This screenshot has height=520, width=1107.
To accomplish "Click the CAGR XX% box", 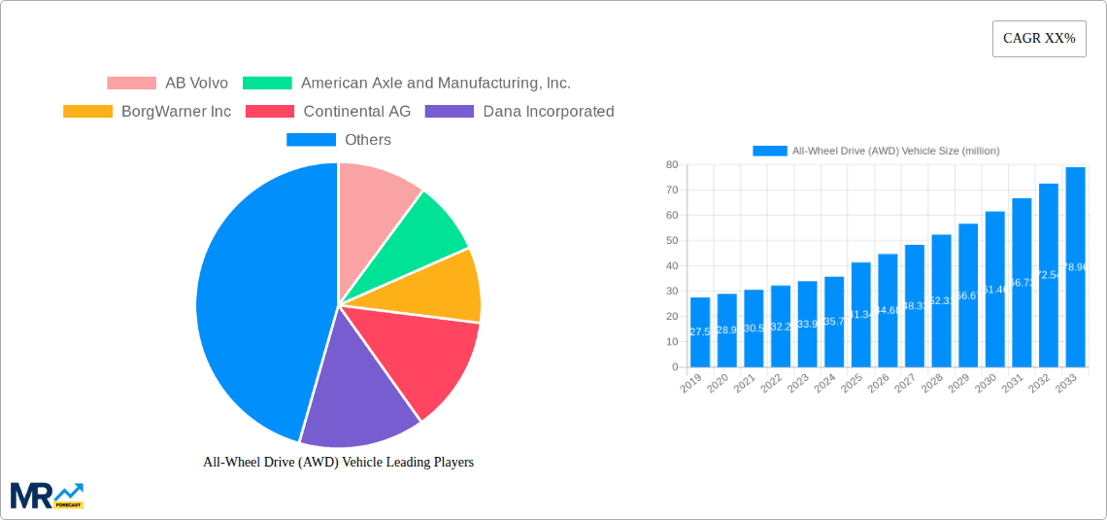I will click(1038, 39).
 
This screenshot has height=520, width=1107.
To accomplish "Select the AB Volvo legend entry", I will click(167, 83).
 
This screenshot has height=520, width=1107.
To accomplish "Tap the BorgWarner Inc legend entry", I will click(147, 111).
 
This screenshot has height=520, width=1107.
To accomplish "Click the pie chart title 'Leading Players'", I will click(338, 462).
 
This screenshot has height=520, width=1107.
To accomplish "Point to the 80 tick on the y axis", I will click(671, 165).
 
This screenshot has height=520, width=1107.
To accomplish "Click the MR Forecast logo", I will click(47, 495).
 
